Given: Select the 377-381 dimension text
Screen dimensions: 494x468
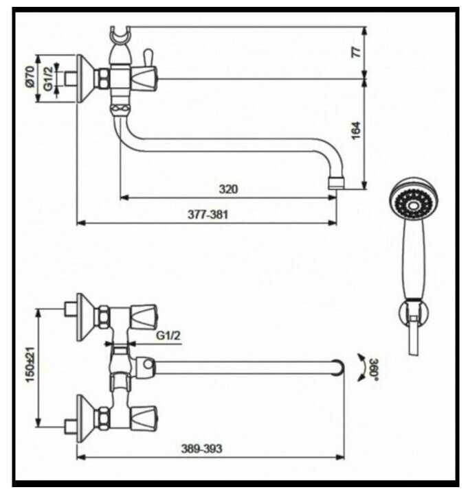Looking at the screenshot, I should [208, 215].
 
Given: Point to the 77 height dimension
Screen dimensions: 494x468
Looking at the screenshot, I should [356, 53].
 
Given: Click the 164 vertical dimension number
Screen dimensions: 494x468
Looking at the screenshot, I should [356, 130].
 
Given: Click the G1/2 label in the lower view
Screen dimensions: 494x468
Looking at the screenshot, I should [168, 336].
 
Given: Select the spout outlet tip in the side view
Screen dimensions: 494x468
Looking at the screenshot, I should [335, 183].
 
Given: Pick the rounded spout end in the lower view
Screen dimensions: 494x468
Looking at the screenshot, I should [337, 367].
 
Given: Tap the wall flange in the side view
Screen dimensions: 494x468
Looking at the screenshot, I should [82, 77].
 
